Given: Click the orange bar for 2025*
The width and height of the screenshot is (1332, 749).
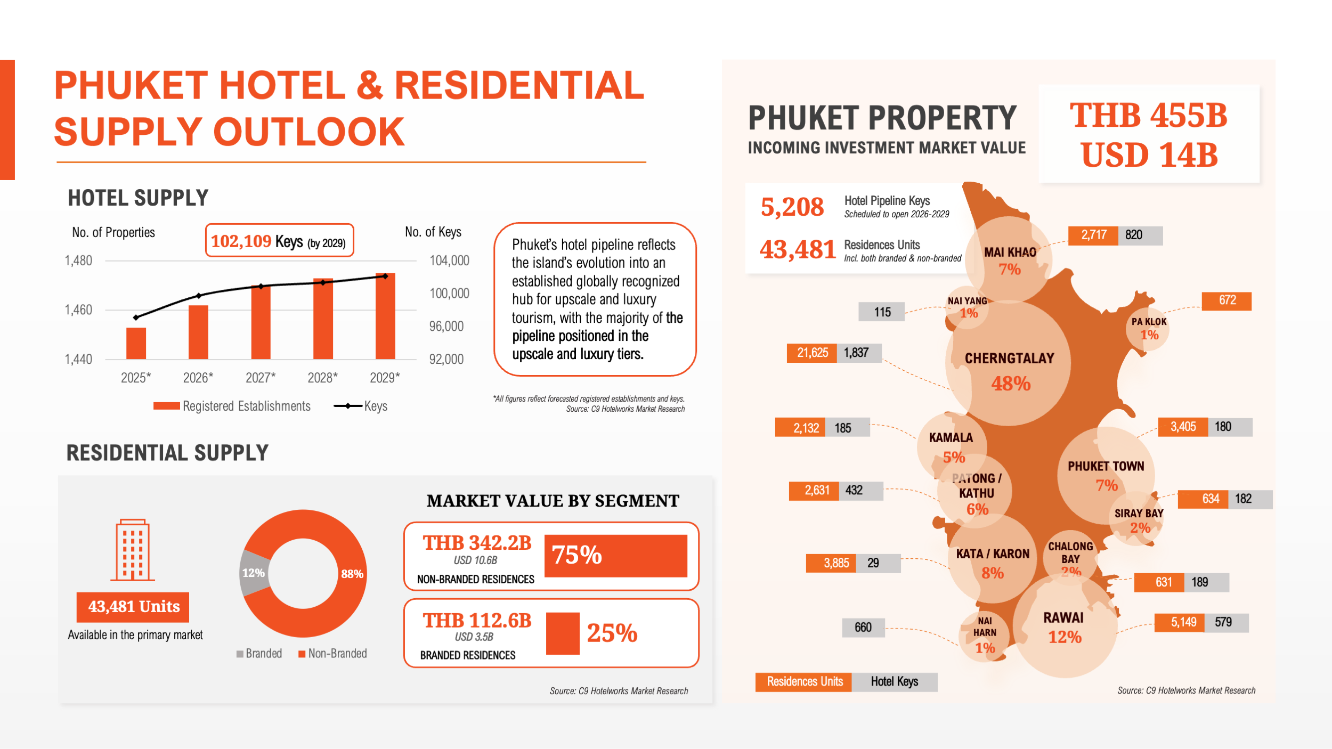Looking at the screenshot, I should (136, 343).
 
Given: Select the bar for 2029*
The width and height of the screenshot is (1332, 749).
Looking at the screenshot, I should (385, 316).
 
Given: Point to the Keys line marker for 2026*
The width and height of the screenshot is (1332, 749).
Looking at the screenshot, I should (199, 296).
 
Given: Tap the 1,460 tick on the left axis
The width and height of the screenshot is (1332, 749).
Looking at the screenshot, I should (78, 310).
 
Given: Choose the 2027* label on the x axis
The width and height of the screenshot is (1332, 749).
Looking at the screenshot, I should (261, 378).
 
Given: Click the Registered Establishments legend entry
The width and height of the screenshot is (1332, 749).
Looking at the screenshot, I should (232, 406).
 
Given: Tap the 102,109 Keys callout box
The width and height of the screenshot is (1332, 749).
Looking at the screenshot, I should (279, 241).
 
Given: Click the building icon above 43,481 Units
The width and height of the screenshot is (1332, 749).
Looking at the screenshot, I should (133, 550).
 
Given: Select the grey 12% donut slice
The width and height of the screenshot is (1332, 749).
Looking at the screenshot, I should (253, 573).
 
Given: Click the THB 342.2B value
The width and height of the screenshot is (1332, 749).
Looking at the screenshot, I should (477, 543).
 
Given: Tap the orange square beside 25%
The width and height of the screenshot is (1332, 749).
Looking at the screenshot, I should (563, 633).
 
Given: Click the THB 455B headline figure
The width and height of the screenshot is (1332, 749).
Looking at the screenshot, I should (1148, 116).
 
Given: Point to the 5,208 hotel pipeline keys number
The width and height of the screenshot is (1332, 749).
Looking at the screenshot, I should (792, 207).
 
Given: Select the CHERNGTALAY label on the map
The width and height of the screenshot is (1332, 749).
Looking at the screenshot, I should (1009, 359).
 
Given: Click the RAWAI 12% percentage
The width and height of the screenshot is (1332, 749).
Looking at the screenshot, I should (1065, 637).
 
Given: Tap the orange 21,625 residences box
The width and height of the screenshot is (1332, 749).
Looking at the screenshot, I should (812, 353).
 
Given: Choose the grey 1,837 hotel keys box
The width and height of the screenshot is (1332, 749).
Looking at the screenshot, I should (856, 353).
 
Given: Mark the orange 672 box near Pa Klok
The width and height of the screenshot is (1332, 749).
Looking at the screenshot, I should (1227, 300).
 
